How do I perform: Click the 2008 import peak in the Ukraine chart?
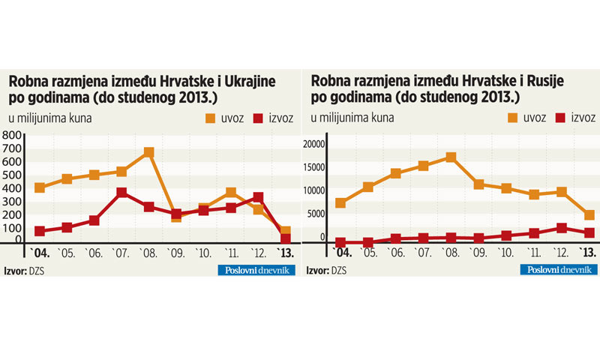click(x=148, y=152)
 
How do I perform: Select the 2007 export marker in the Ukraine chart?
click(x=121, y=193)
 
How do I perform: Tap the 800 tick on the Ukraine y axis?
click(x=13, y=135)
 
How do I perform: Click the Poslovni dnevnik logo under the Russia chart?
click(x=556, y=270)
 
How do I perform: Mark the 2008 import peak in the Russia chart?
click(x=451, y=157)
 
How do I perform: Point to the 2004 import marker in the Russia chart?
click(x=340, y=203)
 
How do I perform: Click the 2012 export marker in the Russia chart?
click(x=561, y=228)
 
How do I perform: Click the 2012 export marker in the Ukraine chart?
click(x=258, y=198)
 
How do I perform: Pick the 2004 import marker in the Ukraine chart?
click(x=40, y=187)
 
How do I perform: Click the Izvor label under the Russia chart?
click(x=318, y=270)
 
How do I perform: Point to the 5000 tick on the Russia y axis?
click(x=318, y=214)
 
